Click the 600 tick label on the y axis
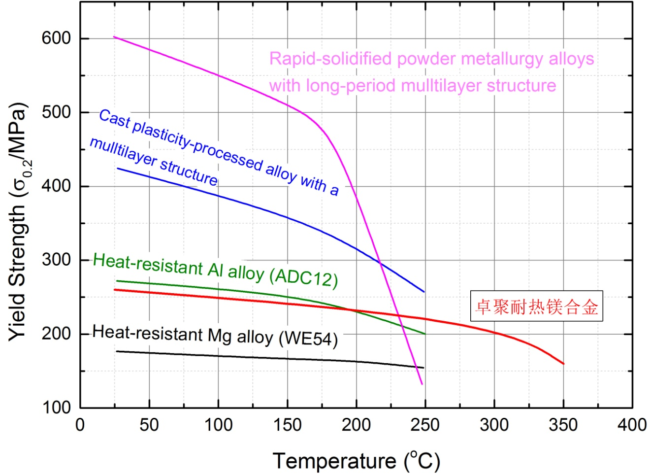coord(56,38)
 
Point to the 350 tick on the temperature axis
coord(563,424)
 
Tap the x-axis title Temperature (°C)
coord(356,461)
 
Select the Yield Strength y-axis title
coord(18,222)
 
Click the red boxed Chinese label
coord(536,306)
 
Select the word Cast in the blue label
coord(114,119)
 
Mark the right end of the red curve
coord(563,364)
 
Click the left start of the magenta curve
coord(114,37)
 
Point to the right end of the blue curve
coord(424,292)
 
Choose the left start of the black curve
coord(116,351)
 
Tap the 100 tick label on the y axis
coord(56,407)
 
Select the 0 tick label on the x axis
coord(80,424)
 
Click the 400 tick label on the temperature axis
coord(632,424)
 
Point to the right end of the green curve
coord(424,334)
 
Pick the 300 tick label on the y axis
coord(56,260)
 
